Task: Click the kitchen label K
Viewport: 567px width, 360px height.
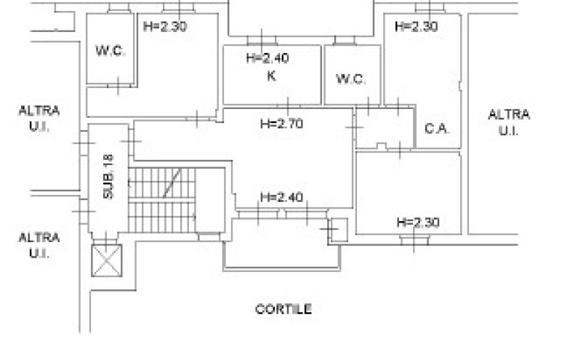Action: coord(272,76)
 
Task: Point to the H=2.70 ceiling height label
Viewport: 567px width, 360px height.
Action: coord(282,124)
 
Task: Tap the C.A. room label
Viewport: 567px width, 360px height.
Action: coord(437,129)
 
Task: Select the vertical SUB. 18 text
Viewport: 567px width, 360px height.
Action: coord(108,176)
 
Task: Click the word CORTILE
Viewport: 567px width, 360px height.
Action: coord(283,309)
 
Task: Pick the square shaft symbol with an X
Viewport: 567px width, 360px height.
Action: coord(107,260)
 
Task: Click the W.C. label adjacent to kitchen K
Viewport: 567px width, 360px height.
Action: coord(350,79)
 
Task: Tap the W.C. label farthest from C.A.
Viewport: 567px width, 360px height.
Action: coord(110,50)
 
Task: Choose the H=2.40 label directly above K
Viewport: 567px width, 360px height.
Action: coord(268,58)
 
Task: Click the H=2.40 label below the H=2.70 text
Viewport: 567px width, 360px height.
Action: coord(282,197)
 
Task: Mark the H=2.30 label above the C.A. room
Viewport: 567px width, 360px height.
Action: coord(417,26)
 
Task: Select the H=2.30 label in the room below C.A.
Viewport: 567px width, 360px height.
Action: coord(418,222)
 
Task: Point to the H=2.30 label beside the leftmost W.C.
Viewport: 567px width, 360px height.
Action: coord(165,26)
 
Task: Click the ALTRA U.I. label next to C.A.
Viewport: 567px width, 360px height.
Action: coord(509,122)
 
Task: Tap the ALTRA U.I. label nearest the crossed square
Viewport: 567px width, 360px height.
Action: coord(39,245)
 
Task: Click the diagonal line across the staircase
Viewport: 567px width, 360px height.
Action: coord(172,183)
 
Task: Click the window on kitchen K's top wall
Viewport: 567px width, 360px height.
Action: coord(262,41)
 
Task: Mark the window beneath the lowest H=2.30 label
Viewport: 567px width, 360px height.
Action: coord(414,240)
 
